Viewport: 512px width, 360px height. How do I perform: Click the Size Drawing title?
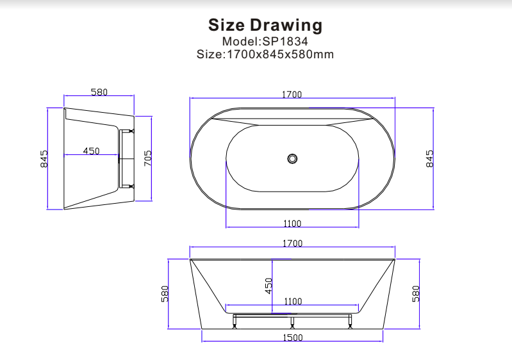pos(265,26)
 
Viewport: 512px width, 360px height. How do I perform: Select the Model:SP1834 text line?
pos(265,41)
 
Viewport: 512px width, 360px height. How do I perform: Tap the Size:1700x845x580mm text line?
pos(265,54)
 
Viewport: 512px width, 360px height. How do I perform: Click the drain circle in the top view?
pos(292,158)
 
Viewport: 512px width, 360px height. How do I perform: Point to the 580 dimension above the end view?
pos(99,92)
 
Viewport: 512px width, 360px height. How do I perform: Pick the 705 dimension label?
pos(148,158)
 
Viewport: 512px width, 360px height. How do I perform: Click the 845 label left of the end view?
pos(44,158)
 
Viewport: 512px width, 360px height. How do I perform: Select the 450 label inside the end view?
pos(91,151)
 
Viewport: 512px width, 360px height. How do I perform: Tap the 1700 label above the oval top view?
pos(292,95)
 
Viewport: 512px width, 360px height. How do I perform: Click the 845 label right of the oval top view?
pos(429,158)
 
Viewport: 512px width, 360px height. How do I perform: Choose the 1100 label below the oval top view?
pos(292,224)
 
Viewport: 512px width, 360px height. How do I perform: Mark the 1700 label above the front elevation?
pos(292,243)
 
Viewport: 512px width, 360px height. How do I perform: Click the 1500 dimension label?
pos(292,338)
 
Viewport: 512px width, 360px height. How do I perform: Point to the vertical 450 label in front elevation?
pos(269,285)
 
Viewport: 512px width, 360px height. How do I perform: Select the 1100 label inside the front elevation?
pos(292,301)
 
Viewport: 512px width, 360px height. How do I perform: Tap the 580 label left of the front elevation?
pos(165,293)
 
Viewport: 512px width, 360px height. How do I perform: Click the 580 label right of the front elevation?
pos(415,293)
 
